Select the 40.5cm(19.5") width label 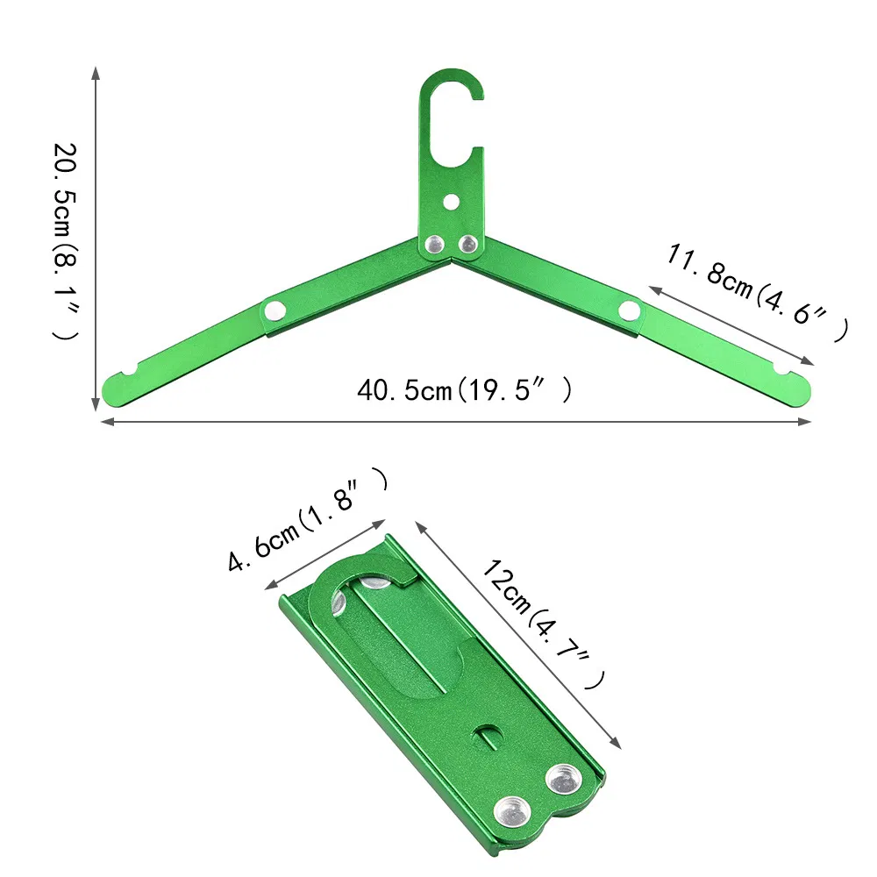click(x=465, y=389)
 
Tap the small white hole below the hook click(x=451, y=202)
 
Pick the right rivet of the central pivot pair click(x=468, y=244)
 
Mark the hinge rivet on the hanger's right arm click(x=629, y=310)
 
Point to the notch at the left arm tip click(x=130, y=374)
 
